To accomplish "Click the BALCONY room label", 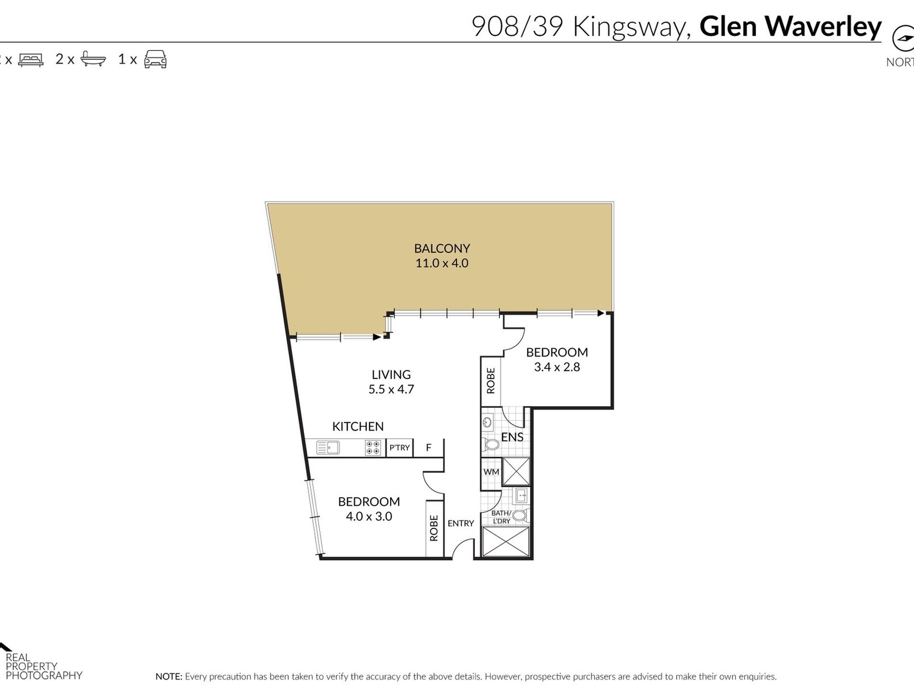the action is coord(442,248).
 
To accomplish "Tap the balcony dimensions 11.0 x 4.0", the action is coord(442,263).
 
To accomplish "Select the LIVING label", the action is coord(391,374).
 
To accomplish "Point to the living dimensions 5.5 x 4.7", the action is coord(391,389).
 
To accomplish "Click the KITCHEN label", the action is coord(358,426).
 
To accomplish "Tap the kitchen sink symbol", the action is coord(328,448).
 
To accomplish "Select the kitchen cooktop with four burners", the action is coord(373,448).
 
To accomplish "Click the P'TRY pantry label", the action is coord(400,448).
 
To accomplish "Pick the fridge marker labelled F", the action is coord(429,448).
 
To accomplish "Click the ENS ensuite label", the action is coord(512,437).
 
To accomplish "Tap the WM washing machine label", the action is coord(491,472).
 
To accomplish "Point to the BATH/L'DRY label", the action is coord(501,517).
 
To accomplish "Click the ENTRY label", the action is coord(461,523).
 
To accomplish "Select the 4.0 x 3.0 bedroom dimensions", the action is coord(369,516).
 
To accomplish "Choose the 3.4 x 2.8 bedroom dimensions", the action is coord(557,367).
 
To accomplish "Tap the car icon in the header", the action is coord(155,59).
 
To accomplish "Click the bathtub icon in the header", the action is coord(93,59).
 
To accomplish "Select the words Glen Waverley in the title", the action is coord(790,26).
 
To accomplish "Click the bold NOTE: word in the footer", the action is coord(169,676).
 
